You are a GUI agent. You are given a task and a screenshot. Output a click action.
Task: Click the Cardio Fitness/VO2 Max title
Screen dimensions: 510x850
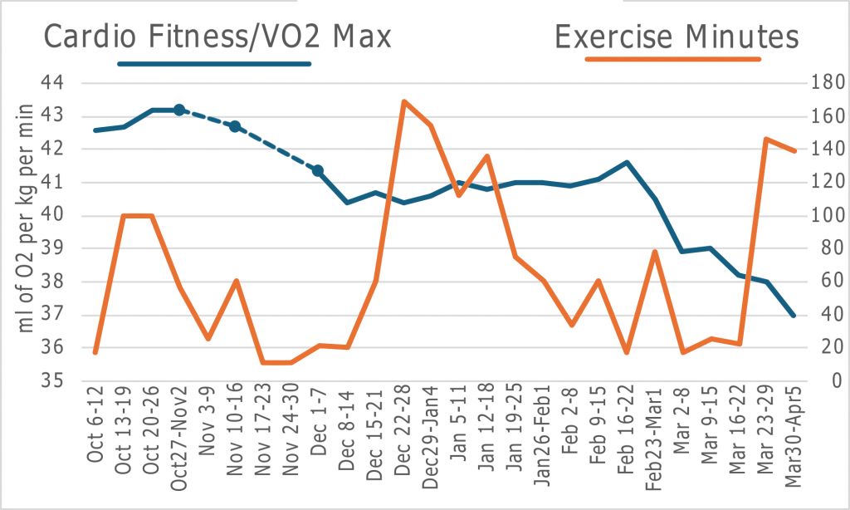217,37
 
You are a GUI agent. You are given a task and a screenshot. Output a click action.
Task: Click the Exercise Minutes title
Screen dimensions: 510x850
677,37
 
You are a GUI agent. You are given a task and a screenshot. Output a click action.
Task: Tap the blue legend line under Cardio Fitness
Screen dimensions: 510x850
215,63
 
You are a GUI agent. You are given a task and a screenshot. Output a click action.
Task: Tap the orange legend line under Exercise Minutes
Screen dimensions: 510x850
672,59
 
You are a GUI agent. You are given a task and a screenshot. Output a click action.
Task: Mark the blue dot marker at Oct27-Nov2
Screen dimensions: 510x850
178,110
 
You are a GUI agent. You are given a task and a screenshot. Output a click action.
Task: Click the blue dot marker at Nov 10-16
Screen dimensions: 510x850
235,126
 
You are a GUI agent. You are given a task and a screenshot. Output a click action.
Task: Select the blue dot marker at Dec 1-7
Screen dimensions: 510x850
318,170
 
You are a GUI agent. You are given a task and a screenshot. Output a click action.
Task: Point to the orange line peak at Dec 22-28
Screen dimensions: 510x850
403,101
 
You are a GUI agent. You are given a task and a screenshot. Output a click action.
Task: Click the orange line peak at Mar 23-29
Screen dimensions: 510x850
766,139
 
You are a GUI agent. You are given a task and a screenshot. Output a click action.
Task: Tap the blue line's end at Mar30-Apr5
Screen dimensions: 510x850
794,316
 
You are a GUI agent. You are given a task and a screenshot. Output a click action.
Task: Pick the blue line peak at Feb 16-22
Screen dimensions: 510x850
627,162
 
